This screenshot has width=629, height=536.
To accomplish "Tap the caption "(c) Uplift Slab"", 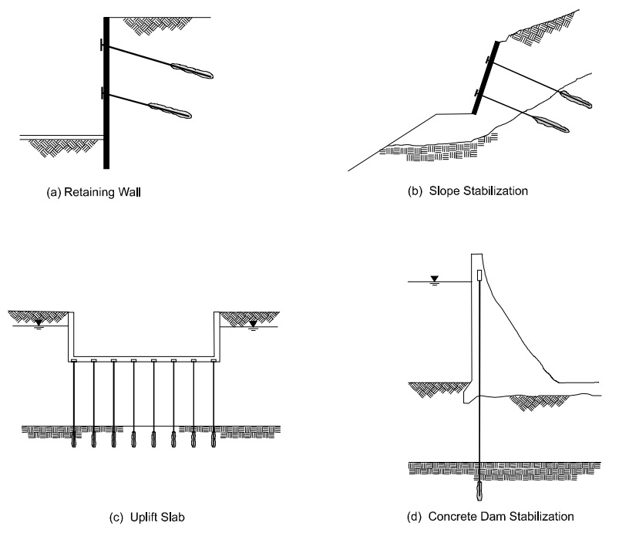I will pyautogui.click(x=148, y=516).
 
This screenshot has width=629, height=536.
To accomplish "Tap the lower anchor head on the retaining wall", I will pyautogui.click(x=103, y=94).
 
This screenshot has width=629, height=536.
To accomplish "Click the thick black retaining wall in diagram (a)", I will pyautogui.click(x=106, y=93).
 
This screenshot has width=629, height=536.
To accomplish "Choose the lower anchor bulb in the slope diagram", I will pyautogui.click(x=547, y=123).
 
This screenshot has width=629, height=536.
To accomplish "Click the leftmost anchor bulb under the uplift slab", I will pyautogui.click(x=75, y=441).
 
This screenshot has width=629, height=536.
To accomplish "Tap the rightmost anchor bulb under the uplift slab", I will pyautogui.click(x=213, y=441).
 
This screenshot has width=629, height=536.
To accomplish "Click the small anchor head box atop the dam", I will pyautogui.click(x=479, y=275).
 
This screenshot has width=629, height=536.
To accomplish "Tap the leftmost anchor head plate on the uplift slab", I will pyautogui.click(x=75, y=360).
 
